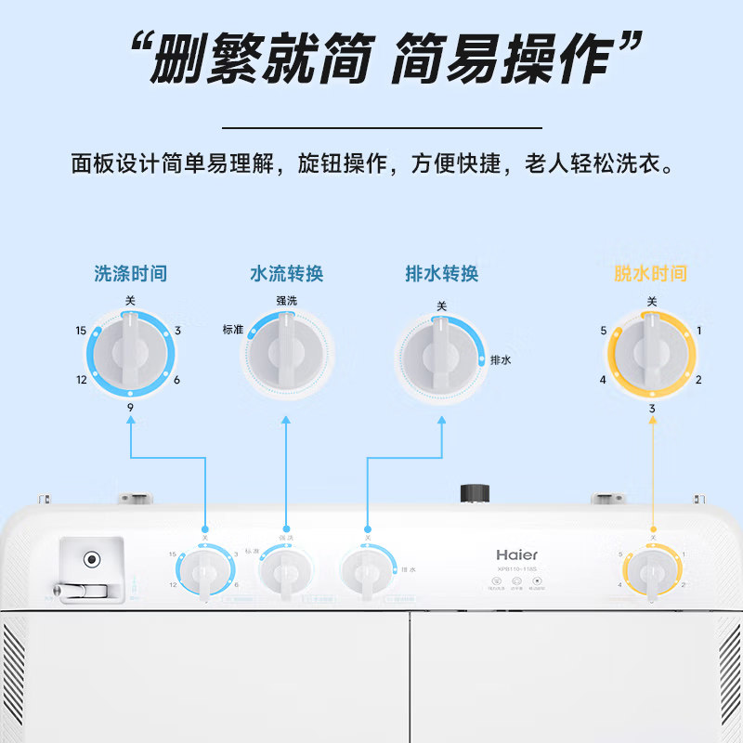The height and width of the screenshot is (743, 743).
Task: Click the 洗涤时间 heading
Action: click(130, 274)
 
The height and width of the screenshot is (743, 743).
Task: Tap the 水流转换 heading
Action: click(286, 274)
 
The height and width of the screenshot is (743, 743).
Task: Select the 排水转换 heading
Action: click(441, 274)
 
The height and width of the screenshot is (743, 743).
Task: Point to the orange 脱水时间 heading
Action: click(650, 274)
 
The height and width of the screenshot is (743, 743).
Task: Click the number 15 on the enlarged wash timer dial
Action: click(82, 331)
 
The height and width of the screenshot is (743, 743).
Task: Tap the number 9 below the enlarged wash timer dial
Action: click(130, 407)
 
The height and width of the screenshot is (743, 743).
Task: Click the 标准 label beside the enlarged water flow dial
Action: click(232, 330)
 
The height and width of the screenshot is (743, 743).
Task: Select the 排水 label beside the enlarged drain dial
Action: click(502, 360)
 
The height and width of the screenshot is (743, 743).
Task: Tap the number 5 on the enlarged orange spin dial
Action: click(604, 331)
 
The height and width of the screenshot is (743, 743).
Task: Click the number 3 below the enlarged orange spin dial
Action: click(652, 408)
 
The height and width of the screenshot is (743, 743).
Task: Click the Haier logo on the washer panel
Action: click(516, 554)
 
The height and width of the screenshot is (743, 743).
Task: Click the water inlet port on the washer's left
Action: click(91, 560)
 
